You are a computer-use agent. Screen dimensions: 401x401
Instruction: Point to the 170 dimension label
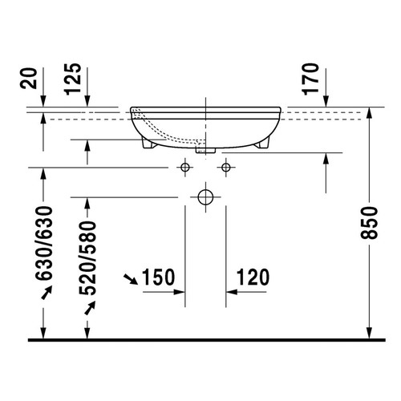point(313,79)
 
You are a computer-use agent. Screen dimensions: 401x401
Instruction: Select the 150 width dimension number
point(158,278)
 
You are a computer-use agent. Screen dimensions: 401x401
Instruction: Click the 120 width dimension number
point(253,278)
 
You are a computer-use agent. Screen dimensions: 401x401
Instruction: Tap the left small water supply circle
point(185,168)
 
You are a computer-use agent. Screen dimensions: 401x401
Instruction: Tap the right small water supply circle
point(226,168)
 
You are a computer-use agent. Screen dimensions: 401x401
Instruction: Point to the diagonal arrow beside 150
point(129,279)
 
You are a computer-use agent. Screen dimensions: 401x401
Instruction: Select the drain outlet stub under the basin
point(205,148)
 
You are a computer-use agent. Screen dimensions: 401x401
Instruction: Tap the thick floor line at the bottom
point(200,339)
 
